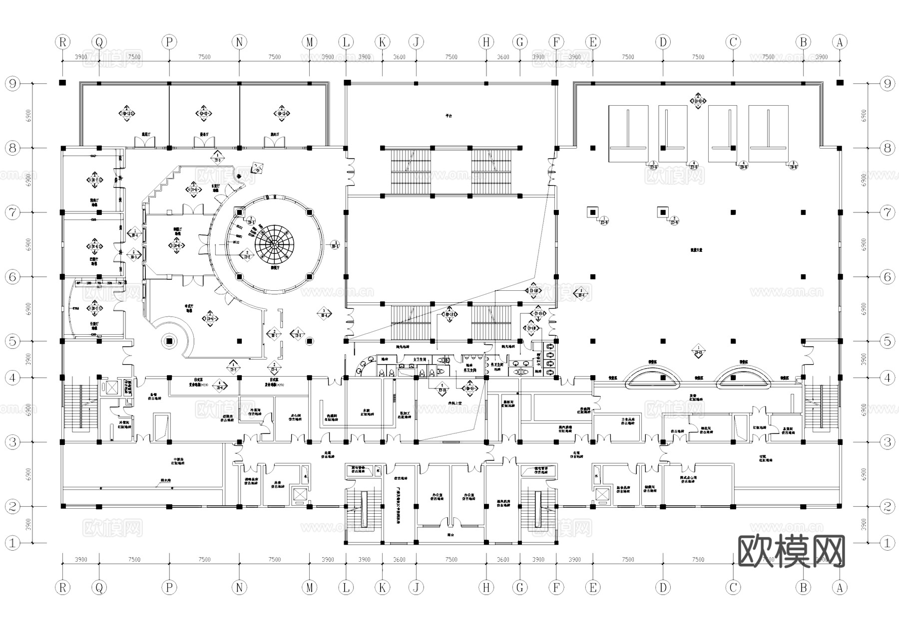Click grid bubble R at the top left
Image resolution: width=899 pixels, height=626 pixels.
click(x=62, y=42)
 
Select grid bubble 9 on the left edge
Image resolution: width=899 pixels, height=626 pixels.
click(x=12, y=83)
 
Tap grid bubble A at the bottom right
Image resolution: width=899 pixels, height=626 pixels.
click(x=840, y=588)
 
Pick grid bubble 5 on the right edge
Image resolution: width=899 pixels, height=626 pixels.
click(x=887, y=342)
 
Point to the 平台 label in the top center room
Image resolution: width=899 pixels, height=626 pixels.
click(x=449, y=116)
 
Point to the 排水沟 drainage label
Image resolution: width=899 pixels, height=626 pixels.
click(x=165, y=482)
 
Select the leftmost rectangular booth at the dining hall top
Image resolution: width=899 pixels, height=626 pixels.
click(x=628, y=133)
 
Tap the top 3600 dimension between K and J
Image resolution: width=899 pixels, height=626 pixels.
click(x=399, y=57)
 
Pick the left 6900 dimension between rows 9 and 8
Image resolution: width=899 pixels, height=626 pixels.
click(x=28, y=116)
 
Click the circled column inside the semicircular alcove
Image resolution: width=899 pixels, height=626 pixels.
click(x=169, y=341)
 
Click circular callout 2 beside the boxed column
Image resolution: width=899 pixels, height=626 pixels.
click(x=674, y=219)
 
